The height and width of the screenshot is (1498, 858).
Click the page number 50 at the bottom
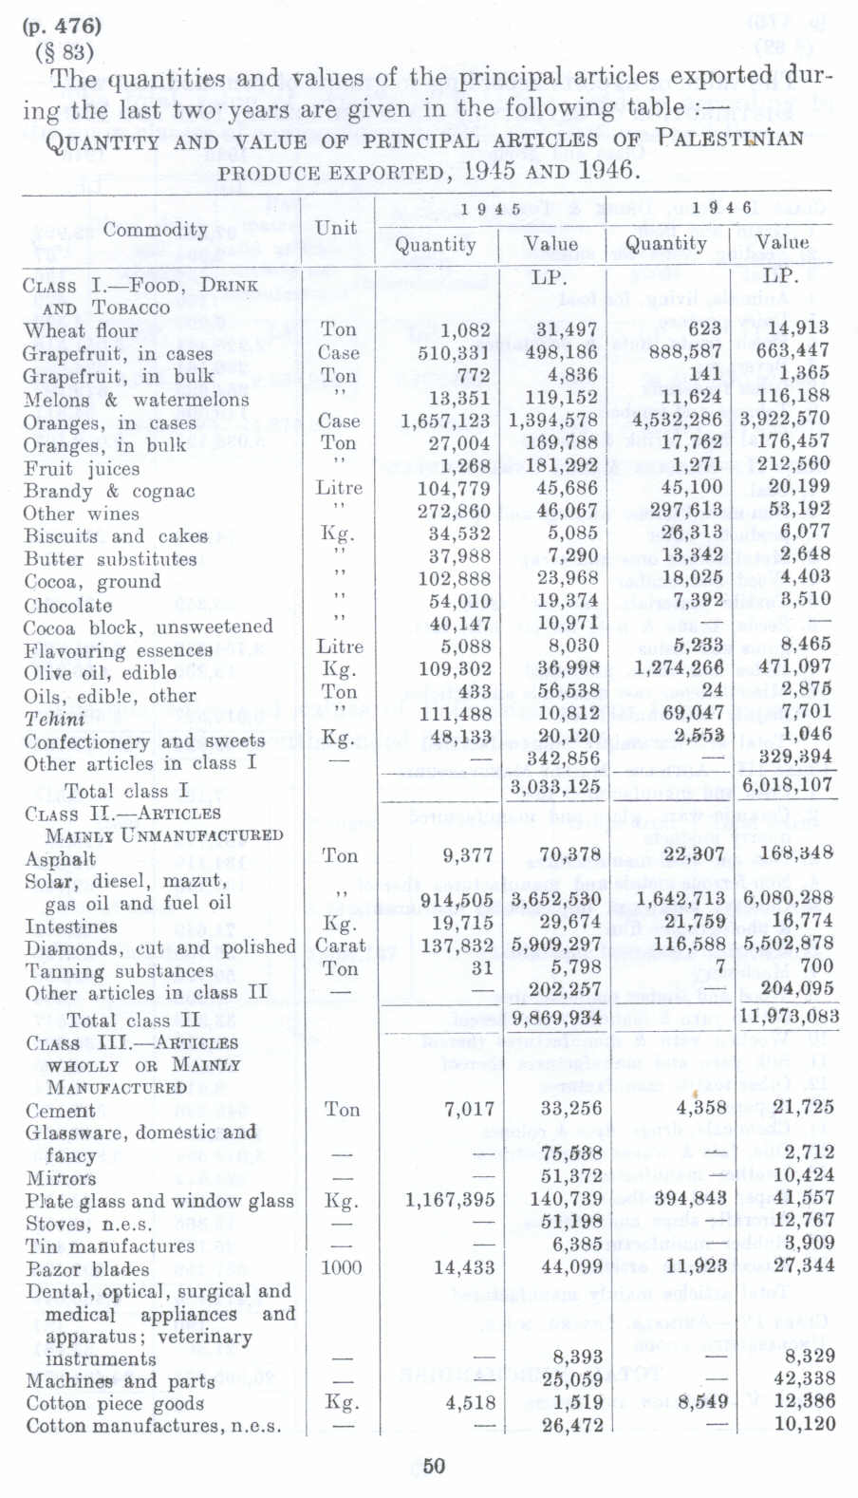[x=434, y=1466]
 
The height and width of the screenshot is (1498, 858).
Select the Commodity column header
[x=155, y=230]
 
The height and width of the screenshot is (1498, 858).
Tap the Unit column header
[x=337, y=228]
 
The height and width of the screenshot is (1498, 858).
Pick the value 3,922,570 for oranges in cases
[x=784, y=419]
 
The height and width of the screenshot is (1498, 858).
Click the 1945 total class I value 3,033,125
[x=555, y=786]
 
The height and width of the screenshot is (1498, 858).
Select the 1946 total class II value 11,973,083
[x=789, y=1017]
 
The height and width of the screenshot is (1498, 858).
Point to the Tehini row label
[x=54, y=719]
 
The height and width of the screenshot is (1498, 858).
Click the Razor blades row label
[x=87, y=1269]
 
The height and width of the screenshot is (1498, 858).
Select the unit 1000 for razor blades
[x=341, y=1267]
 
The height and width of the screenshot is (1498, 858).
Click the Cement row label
[x=60, y=1111]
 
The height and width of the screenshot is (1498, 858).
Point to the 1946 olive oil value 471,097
[x=787, y=666]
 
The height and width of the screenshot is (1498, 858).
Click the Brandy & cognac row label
[x=109, y=491]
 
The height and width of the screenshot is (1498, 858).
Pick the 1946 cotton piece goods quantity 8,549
[x=702, y=1402]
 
